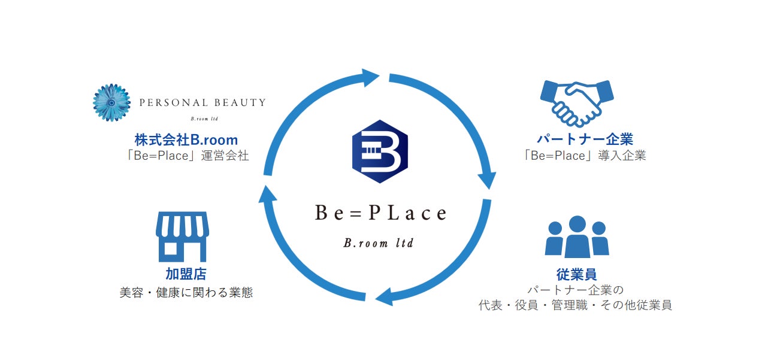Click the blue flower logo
point(111,102)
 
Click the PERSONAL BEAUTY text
point(202,102)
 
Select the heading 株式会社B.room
point(186,140)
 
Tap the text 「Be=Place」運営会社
point(186,156)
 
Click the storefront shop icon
point(182,236)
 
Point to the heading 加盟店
point(186,274)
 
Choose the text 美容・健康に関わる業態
point(186,293)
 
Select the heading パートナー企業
point(584,139)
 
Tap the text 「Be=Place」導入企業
point(584,156)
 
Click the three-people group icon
point(576,237)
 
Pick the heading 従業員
point(576,274)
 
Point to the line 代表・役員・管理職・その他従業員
point(575,305)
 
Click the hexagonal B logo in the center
point(380,155)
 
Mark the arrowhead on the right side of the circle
point(486,178)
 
